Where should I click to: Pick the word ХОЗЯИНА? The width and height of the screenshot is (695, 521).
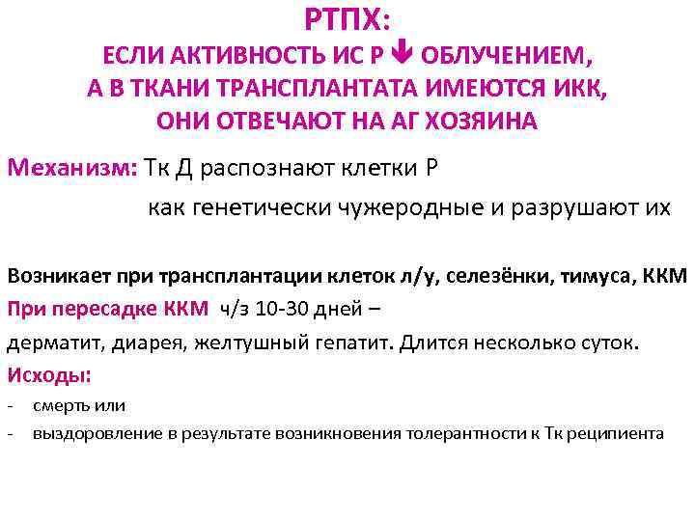469,122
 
